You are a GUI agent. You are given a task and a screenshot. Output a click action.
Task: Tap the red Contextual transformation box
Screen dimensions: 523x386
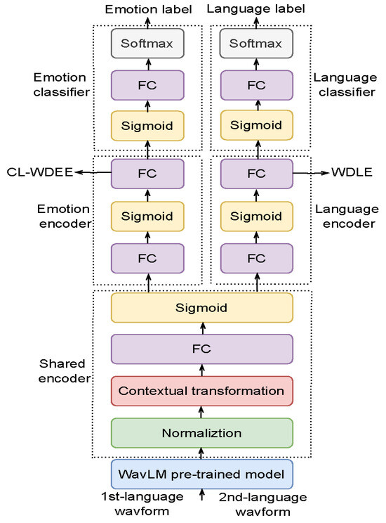202,390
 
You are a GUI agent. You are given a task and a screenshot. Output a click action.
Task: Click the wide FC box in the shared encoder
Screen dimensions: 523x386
202,348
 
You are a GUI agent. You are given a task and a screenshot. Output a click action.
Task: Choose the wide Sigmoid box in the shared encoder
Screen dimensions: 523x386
202,307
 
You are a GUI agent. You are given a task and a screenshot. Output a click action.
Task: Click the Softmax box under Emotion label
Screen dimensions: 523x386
148,44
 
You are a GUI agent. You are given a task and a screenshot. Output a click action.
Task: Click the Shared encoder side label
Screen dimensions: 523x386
61,370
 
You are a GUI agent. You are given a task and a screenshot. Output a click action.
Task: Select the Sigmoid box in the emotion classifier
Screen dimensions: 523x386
148,126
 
